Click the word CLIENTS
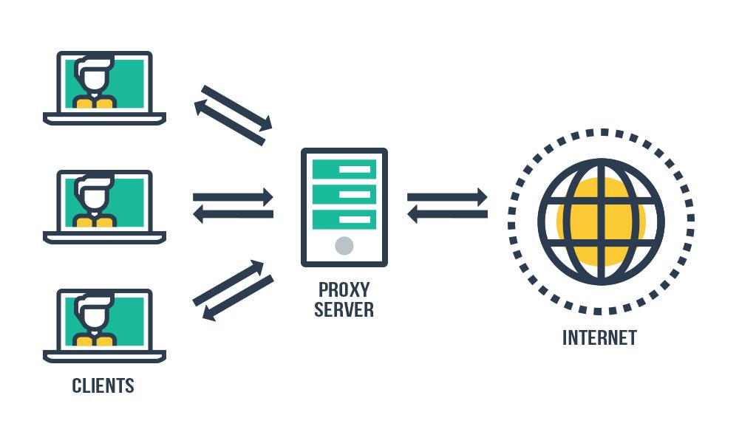(103, 385)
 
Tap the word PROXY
(344, 289)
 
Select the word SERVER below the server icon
(344, 309)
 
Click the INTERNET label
(599, 337)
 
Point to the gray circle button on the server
(344, 245)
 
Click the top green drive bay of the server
(344, 169)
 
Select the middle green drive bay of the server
(344, 194)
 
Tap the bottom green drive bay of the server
(344, 219)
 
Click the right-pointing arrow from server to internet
(447, 197)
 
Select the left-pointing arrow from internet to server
(447, 214)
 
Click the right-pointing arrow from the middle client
(233, 197)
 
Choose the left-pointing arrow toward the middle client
(233, 214)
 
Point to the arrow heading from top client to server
(237, 109)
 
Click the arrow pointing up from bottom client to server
(228, 283)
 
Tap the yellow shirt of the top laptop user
(95, 101)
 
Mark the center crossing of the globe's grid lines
(601, 221)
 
